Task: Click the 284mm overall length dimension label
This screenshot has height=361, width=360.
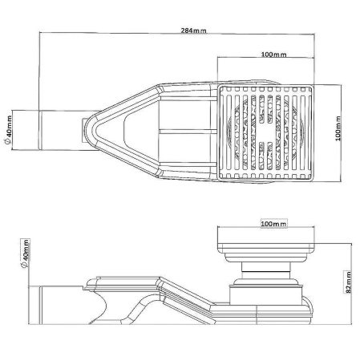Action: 189,30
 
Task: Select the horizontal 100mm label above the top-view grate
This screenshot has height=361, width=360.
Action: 273,54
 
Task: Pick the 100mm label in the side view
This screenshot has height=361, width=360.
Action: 273,224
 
